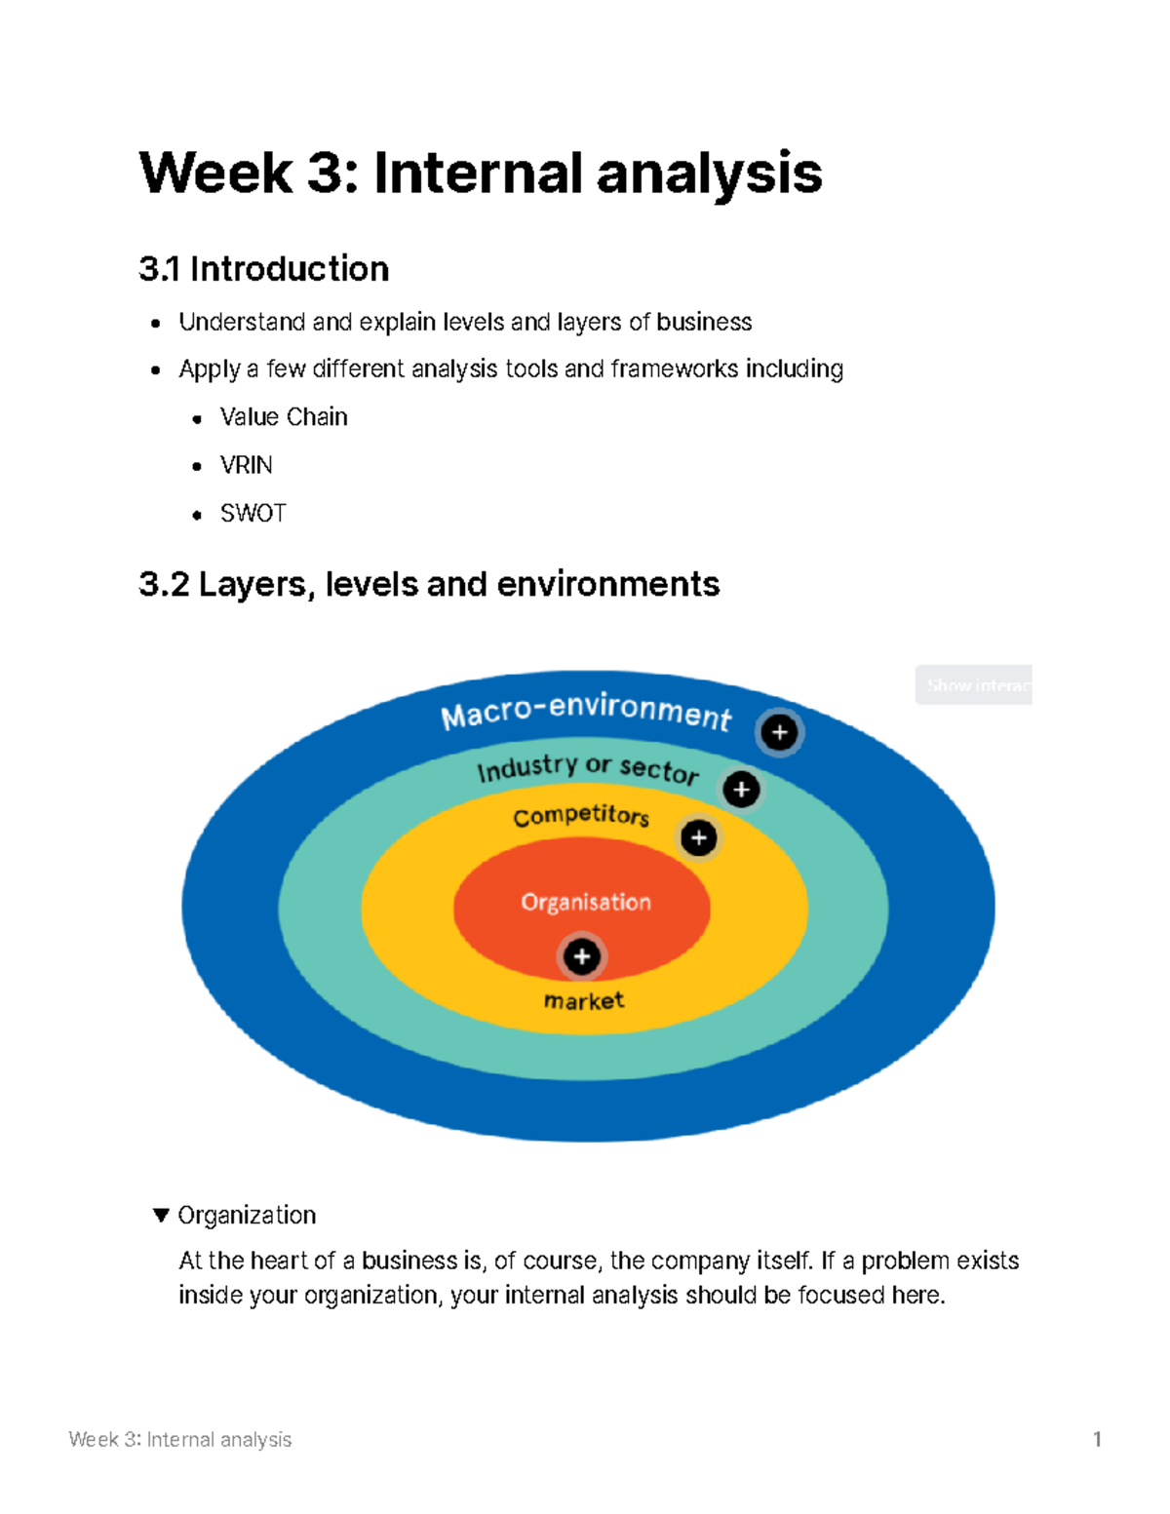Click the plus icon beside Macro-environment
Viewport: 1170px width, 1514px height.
click(779, 732)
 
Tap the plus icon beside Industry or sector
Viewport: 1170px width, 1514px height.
click(741, 789)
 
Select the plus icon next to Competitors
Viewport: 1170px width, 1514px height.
click(698, 837)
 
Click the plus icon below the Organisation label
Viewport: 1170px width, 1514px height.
click(582, 956)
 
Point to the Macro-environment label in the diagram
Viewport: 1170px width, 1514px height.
click(585, 710)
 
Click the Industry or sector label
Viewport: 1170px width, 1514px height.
click(588, 768)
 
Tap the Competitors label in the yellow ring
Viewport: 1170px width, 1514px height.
click(581, 815)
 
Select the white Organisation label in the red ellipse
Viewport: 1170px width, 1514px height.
click(586, 902)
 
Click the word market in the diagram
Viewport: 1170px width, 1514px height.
click(584, 1001)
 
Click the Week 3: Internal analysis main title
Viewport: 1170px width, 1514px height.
click(481, 174)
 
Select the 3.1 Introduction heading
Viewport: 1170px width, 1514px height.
click(263, 269)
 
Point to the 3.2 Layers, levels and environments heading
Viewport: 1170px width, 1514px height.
click(429, 584)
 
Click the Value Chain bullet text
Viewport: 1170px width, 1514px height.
click(284, 417)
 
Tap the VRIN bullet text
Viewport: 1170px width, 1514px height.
click(246, 465)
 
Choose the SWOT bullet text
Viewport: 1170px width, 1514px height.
click(253, 513)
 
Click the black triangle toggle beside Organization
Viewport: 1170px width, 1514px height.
click(161, 1215)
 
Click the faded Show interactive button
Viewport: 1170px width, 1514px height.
click(973, 685)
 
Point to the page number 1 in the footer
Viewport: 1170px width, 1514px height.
click(1097, 1439)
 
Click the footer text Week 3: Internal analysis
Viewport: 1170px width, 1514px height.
click(180, 1439)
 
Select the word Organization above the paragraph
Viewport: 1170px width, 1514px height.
click(247, 1215)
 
